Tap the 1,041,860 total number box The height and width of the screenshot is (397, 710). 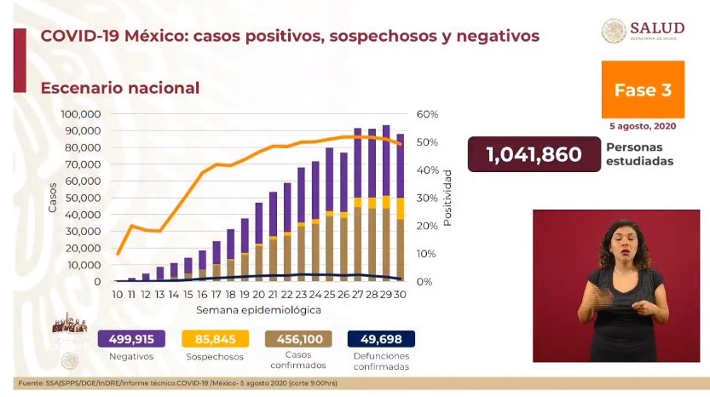(534, 154)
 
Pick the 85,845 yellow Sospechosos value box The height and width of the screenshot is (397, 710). (212, 339)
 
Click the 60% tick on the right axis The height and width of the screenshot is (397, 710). (427, 114)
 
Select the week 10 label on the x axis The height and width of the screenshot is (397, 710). (118, 295)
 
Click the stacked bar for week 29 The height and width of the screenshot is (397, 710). (387, 204)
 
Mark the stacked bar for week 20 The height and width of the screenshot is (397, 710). (259, 242)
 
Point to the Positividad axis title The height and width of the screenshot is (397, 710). (447, 198)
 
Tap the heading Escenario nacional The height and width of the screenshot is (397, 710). (120, 88)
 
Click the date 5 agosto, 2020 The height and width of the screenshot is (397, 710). (643, 126)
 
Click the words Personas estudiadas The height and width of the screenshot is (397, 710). (639, 154)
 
